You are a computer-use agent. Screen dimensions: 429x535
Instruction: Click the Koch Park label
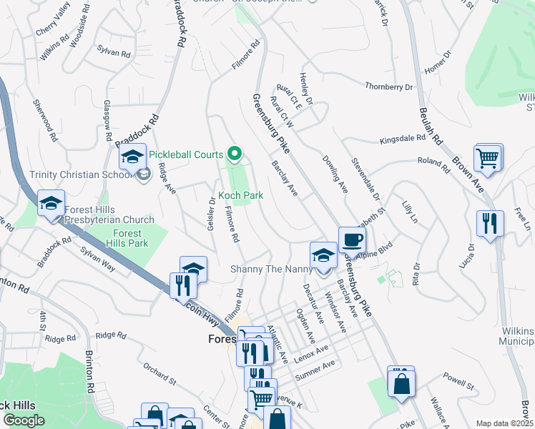click(x=240, y=195)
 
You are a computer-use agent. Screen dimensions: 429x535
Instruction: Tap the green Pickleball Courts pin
click(x=234, y=153)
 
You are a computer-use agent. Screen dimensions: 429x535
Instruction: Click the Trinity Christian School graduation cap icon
click(x=132, y=157)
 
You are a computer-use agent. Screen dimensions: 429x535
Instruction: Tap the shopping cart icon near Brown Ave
click(x=488, y=158)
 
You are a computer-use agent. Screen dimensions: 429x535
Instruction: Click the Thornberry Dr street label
click(x=389, y=87)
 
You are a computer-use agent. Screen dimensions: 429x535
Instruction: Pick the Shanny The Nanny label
click(x=271, y=269)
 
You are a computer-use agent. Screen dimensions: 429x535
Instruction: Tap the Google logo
click(x=23, y=420)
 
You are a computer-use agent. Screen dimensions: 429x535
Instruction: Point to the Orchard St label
click(x=159, y=374)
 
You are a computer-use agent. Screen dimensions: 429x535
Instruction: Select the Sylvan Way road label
click(x=98, y=257)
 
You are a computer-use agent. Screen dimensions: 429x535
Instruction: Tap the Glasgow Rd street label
click(x=107, y=119)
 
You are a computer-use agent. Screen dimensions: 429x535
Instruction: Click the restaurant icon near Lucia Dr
click(x=490, y=223)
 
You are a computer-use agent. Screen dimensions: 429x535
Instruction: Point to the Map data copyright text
click(x=504, y=423)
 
